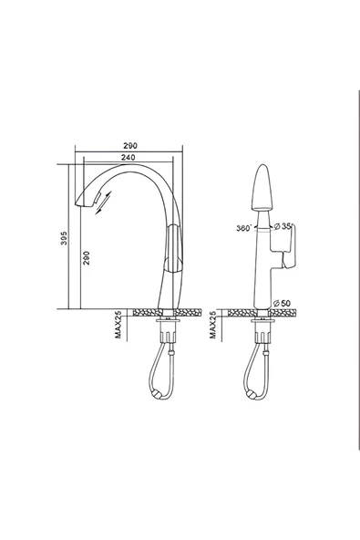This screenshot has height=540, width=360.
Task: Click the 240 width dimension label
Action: [x=128, y=157]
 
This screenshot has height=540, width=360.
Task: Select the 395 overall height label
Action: [x=64, y=238]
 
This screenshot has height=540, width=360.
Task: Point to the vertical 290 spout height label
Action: [x=87, y=258]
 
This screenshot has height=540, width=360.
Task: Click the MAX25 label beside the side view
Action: [x=118, y=325]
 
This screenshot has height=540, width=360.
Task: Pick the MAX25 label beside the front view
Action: [x=212, y=325]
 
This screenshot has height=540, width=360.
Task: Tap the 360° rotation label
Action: [x=244, y=228]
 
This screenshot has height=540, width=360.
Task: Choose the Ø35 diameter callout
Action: [x=283, y=226]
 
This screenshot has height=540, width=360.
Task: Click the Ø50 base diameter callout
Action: [x=282, y=304]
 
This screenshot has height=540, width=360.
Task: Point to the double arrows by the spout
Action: [x=103, y=202]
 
